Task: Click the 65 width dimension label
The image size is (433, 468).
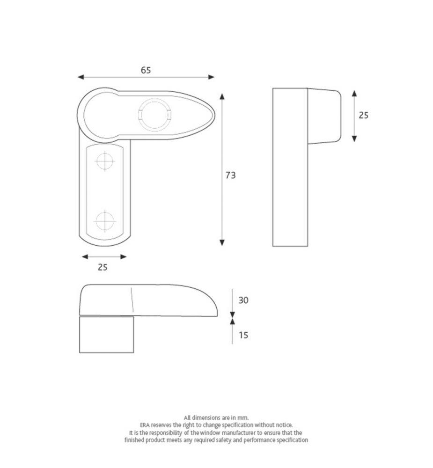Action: pyautogui.click(x=146, y=70)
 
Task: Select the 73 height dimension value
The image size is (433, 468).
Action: pyautogui.click(x=230, y=175)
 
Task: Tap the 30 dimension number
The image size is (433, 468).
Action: pyautogui.click(x=243, y=300)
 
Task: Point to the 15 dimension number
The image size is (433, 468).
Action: pyautogui.click(x=243, y=335)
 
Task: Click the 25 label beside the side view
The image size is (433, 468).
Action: pyautogui.click(x=363, y=115)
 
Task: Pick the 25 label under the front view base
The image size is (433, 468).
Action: pyautogui.click(x=103, y=267)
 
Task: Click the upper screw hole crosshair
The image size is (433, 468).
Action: pyautogui.click(x=105, y=161)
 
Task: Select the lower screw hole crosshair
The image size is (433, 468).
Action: pyautogui.click(x=105, y=221)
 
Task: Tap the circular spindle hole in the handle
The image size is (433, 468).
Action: pyautogui.click(x=154, y=115)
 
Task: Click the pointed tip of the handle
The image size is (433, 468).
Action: pyautogui.click(x=215, y=115)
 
